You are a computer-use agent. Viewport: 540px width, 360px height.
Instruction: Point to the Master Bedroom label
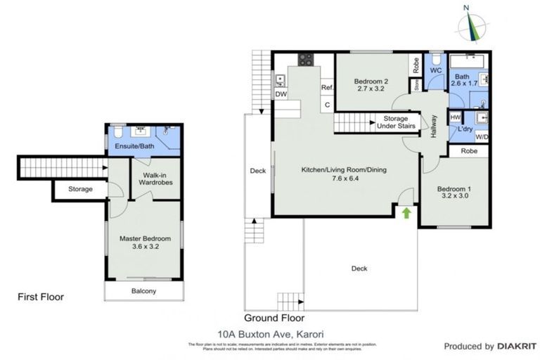[x=144, y=243]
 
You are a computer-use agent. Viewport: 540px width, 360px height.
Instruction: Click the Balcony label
[x=143, y=291]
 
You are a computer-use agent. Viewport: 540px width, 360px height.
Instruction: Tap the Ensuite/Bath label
[x=131, y=146]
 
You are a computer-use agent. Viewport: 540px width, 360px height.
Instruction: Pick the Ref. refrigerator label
[x=326, y=87]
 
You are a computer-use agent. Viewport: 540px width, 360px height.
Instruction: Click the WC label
[x=435, y=71]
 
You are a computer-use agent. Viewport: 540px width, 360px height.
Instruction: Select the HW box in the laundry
[x=455, y=117]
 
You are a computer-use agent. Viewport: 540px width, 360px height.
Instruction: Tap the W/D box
[x=482, y=136]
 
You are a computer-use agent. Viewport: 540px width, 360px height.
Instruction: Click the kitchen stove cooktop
[x=306, y=60]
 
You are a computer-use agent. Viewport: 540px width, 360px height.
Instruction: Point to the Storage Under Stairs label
[x=395, y=122]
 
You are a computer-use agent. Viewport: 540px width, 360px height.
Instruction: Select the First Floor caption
[x=40, y=297]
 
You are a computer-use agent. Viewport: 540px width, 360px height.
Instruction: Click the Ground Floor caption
[x=274, y=317]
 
